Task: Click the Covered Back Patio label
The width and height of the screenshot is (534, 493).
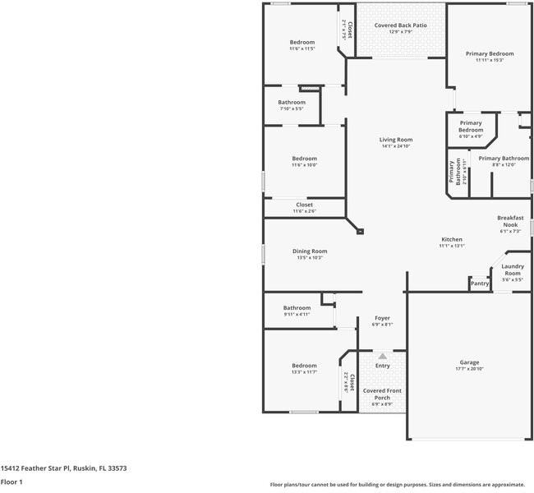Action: point(400,25)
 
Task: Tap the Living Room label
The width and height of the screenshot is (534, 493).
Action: point(395,140)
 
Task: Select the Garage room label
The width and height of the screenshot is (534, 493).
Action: point(469,362)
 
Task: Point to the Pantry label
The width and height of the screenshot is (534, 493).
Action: point(480,283)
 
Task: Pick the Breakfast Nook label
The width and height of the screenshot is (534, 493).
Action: point(510,221)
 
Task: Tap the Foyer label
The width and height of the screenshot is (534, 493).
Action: point(382,317)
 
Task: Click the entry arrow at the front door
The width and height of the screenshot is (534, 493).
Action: point(383,356)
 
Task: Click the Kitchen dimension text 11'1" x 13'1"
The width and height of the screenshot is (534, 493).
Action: point(452,246)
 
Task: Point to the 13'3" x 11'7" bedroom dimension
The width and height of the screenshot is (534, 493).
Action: point(303,372)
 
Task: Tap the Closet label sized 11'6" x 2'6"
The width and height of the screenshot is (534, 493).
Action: point(304,211)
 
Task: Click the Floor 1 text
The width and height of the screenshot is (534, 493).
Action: point(12,482)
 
